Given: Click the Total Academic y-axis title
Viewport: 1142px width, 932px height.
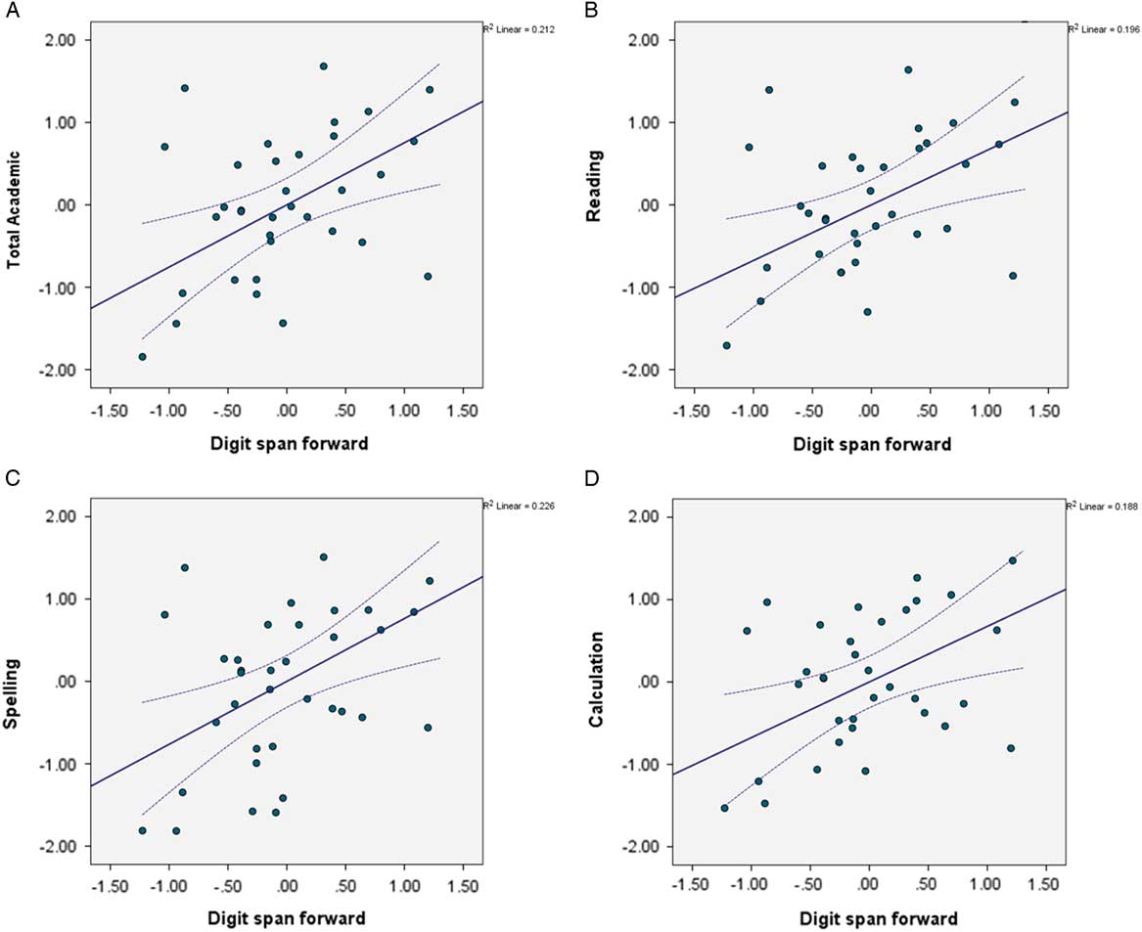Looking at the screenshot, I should click(15, 205).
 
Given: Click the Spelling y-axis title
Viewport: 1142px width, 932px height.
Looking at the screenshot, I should click(15, 682).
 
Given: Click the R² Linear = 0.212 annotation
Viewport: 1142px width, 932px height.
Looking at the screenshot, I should click(518, 29).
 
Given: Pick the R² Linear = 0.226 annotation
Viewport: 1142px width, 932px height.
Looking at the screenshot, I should click(518, 506).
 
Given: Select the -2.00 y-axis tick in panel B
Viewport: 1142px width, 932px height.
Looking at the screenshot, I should click(646, 370).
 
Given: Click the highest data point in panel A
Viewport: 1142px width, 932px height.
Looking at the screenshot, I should click(323, 67).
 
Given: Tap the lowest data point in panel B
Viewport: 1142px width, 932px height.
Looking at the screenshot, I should click(726, 345).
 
